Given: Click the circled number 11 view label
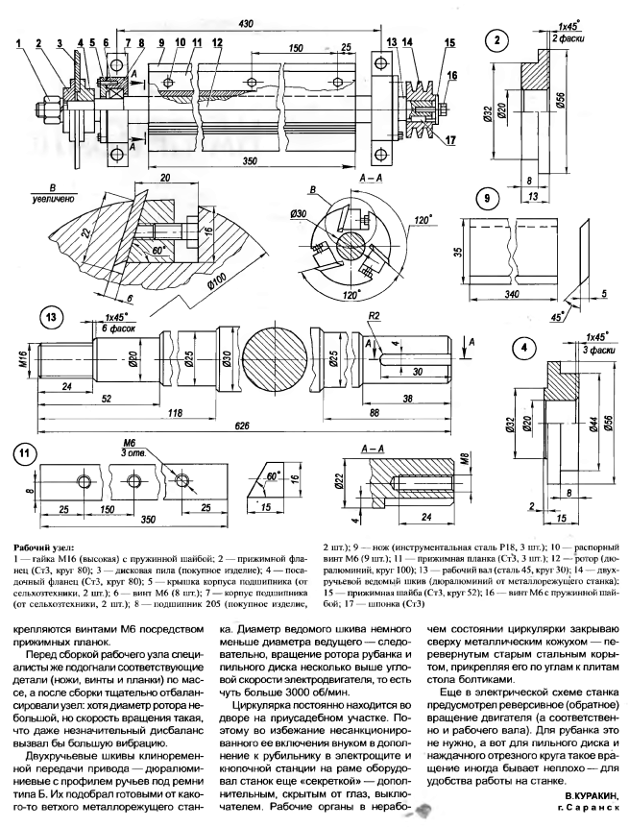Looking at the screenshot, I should coord(25,454).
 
